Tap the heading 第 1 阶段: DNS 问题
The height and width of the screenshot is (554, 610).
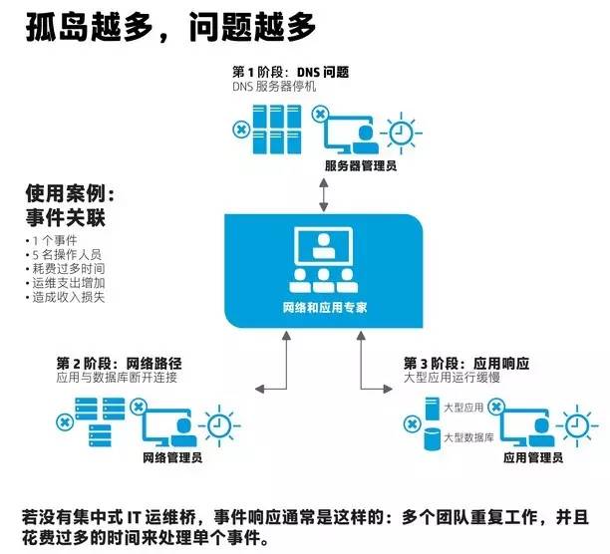click(x=291, y=72)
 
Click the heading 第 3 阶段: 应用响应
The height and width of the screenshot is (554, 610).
click(x=464, y=363)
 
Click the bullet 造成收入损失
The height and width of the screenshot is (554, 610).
click(x=68, y=296)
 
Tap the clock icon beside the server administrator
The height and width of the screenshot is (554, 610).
click(x=402, y=132)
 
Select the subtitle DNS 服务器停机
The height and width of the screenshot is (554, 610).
click(x=276, y=88)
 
